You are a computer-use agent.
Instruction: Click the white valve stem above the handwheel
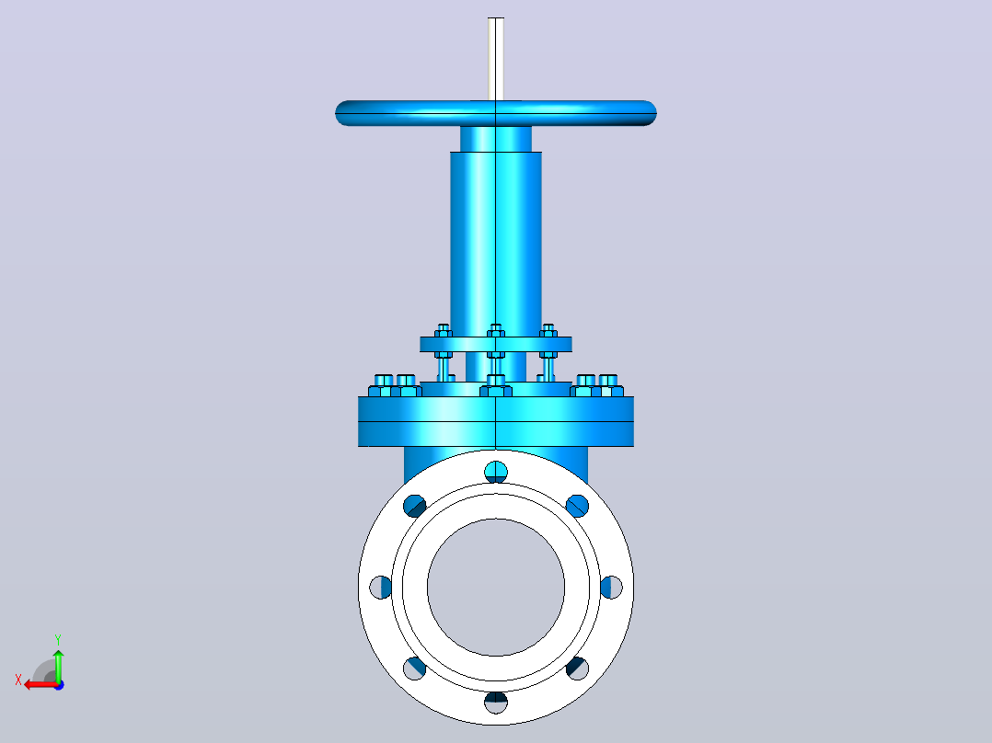point(496,59)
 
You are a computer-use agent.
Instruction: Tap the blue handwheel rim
point(496,113)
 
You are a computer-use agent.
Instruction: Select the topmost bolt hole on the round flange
point(496,472)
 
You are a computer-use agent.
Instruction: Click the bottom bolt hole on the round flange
point(496,703)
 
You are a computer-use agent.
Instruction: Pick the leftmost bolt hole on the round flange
point(380,588)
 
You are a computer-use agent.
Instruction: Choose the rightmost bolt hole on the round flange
point(611,588)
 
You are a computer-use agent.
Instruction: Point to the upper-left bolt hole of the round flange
point(414,506)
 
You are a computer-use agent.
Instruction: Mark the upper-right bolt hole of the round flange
point(577,506)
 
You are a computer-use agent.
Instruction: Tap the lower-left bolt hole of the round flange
point(414,669)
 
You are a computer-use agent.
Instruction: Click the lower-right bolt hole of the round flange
point(577,669)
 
